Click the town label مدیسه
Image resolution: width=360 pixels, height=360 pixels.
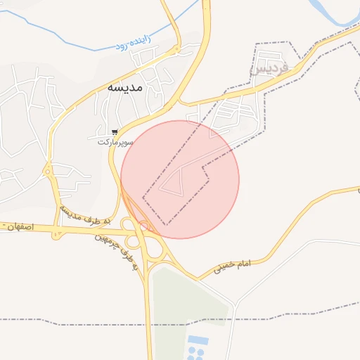(125, 88)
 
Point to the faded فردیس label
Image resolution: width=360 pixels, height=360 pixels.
(270, 69)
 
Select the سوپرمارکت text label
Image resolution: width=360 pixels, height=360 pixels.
(115, 142)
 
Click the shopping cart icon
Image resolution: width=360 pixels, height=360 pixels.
(114, 132)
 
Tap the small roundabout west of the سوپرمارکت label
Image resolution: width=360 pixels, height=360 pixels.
(48, 171)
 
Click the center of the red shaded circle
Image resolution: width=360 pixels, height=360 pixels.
(180, 179)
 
